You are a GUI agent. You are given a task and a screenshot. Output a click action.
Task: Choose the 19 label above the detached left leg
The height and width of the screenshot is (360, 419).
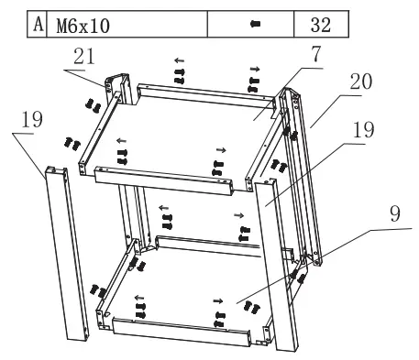click(32, 120)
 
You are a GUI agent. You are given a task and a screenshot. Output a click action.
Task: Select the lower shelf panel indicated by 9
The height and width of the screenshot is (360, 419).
click(183, 293)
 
